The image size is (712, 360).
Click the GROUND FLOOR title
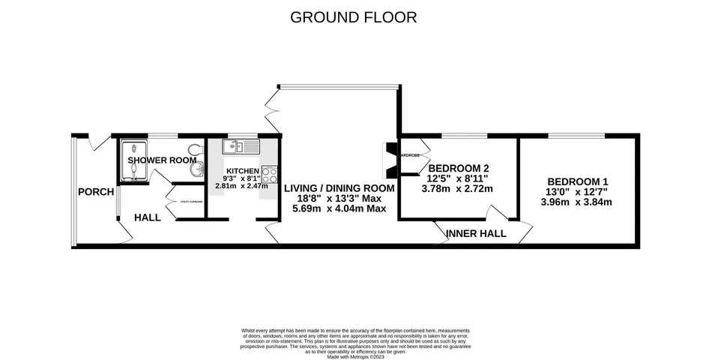pos(354,17)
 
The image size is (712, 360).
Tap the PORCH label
pos(95,192)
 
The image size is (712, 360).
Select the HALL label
pos(148,217)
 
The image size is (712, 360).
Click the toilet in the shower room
pos(196,148)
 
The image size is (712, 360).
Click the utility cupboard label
pos(190,202)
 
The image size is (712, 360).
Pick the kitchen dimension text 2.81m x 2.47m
pos(241,185)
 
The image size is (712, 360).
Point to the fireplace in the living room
pos(390,158)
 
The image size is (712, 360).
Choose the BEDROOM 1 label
pos(577,181)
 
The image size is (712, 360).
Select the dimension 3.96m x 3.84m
pos(577,202)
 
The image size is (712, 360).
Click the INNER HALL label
pos(476,233)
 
